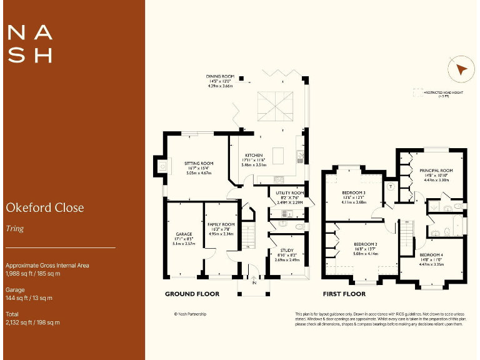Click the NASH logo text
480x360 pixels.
[x=29, y=43]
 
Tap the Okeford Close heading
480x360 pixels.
[x=44, y=207]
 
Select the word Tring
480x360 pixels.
[x=14, y=228]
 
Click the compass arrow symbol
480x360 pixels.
[x=461, y=69]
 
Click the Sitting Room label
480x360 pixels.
[x=199, y=164]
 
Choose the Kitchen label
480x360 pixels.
[x=253, y=156]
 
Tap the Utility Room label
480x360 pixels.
[x=290, y=193]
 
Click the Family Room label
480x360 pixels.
[x=221, y=224]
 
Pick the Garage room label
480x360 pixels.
[x=184, y=234]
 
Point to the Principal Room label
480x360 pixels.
[x=436, y=170]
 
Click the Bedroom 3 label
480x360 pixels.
[x=354, y=192]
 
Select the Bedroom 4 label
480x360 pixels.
[x=431, y=256]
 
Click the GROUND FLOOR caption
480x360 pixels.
[x=192, y=293]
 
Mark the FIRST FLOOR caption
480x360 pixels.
[x=344, y=293]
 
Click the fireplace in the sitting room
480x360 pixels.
[x=162, y=166]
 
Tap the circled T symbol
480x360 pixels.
[x=391, y=186]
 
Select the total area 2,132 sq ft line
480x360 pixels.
[x=32, y=322]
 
